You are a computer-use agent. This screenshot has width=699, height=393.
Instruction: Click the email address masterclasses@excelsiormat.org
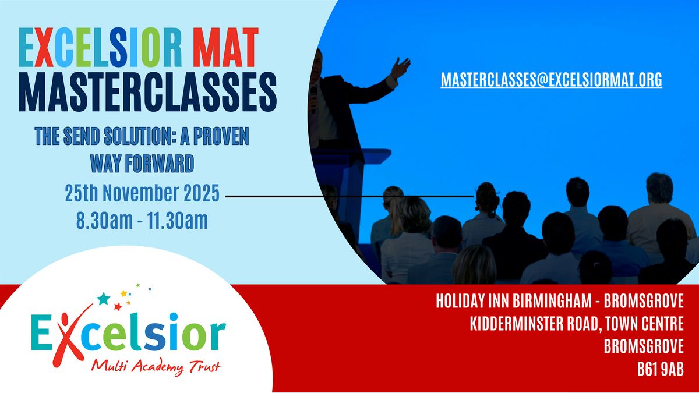click(x=551, y=80)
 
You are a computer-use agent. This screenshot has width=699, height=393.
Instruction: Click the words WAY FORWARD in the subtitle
click(x=142, y=164)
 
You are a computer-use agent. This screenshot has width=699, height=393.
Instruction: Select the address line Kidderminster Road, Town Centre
click(x=577, y=324)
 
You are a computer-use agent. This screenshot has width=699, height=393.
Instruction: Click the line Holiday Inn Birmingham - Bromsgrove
click(x=559, y=302)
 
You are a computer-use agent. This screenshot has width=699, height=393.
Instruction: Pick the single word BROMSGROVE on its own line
click(x=643, y=346)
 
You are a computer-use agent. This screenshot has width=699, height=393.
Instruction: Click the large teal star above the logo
click(x=103, y=299)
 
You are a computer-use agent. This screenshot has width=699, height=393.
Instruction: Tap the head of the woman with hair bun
click(x=486, y=197)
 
